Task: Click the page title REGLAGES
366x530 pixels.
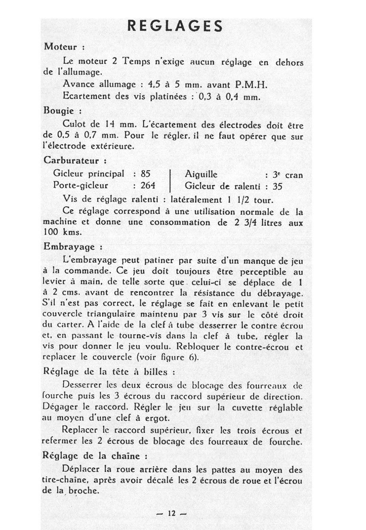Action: pos(175,26)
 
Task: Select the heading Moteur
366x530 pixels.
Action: pos(61,47)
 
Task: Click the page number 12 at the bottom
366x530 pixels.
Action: pos(171,513)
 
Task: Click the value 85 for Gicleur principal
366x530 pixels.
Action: pos(145,174)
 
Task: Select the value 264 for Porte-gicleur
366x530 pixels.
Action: pos(148,185)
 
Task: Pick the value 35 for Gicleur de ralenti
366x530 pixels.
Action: pos(278,187)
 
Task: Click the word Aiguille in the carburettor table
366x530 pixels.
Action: pos(201,175)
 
